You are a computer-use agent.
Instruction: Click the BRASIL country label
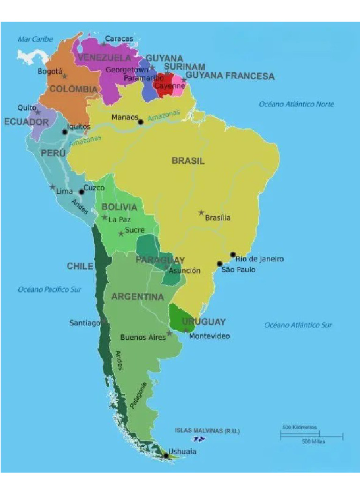point(188,161)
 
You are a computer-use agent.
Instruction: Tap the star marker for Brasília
point(201,213)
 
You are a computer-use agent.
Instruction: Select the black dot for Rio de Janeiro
point(233,255)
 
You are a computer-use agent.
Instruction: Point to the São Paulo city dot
point(219,263)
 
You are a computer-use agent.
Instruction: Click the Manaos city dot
point(141,122)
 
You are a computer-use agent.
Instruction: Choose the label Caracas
point(119,39)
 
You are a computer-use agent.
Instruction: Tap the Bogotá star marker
point(65,76)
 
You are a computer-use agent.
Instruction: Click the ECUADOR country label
point(26,122)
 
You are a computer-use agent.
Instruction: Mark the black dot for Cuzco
point(82,192)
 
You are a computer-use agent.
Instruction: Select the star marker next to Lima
point(52,187)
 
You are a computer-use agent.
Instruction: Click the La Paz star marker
point(105,217)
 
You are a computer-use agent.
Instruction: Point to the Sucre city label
point(135,230)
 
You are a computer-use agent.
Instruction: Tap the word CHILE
point(80,266)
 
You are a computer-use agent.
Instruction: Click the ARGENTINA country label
point(137,297)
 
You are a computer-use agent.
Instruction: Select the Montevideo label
point(210,336)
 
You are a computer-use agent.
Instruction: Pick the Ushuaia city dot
point(165,455)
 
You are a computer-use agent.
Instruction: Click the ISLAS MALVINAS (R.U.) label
point(207,430)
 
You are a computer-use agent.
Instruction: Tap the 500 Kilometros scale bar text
point(300,427)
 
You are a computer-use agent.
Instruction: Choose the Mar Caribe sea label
point(35,39)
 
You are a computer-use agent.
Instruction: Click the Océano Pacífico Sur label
point(50,290)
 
